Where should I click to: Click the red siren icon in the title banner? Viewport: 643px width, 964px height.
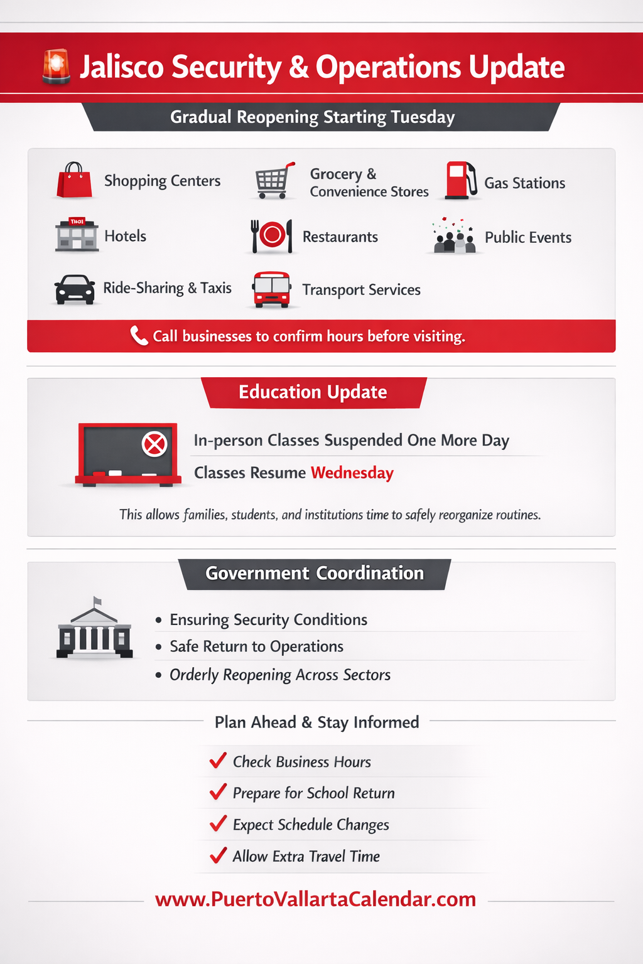[x=56, y=67]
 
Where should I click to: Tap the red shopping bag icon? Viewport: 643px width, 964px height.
[x=74, y=180]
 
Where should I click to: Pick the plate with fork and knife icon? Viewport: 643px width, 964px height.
[x=272, y=236]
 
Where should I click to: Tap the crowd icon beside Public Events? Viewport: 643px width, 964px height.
[x=454, y=237]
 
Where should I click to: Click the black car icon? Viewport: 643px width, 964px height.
[x=75, y=289]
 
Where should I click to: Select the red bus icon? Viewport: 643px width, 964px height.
[x=271, y=289]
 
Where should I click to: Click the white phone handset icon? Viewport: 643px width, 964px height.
[x=138, y=335]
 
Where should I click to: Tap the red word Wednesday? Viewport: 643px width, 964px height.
[x=352, y=473]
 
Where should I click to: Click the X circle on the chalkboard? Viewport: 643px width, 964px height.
[x=154, y=444]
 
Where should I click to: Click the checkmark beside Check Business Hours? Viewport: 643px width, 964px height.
[x=218, y=761]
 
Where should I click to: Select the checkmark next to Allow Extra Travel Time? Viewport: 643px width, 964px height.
[x=218, y=855]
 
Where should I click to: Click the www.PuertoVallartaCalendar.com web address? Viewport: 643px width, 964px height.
[x=315, y=899]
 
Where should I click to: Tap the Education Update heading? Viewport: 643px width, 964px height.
[x=313, y=392]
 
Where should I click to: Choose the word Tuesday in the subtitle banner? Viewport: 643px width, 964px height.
[x=423, y=117]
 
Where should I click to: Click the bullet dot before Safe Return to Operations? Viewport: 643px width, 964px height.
[x=158, y=647]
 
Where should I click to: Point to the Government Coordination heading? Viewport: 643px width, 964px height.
[x=315, y=574]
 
